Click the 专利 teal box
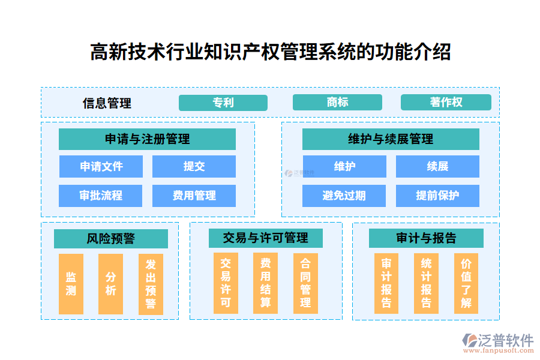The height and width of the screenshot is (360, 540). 223,103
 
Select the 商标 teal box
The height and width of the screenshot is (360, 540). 337,103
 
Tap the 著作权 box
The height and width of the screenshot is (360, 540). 446,103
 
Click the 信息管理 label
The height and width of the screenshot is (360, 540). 107,103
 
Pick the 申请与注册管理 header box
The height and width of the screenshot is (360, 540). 147,139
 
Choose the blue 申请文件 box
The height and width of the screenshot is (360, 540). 101,167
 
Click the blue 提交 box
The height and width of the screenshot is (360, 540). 194,167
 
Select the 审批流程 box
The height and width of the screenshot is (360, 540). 101,196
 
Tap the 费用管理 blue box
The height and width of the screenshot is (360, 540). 194,196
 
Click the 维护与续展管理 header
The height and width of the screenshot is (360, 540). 391,139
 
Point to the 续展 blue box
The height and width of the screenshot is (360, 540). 437,167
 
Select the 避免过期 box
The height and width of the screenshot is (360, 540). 344,196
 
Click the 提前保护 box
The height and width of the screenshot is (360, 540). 437,196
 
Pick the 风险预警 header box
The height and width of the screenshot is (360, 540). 110,239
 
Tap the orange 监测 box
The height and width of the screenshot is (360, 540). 71,284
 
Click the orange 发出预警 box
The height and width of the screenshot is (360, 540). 151,284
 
